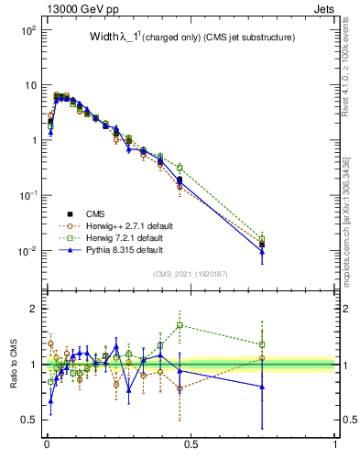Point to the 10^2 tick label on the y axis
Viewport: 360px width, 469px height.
[27, 30]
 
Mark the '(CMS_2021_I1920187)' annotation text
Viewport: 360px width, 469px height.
[190, 273]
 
